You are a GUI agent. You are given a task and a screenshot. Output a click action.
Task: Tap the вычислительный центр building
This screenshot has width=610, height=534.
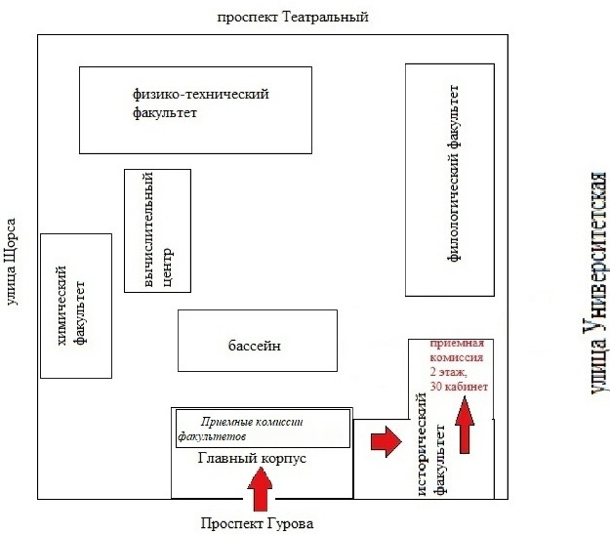click(x=157, y=229)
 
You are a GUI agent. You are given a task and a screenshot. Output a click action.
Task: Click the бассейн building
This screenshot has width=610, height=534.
click(x=257, y=340)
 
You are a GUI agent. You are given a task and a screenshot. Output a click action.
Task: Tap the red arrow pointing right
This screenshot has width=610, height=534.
click(x=386, y=441)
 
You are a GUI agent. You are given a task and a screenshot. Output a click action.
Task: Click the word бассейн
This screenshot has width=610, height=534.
click(x=257, y=347)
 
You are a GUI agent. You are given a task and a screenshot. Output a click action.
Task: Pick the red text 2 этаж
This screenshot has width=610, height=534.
click(x=448, y=373)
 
